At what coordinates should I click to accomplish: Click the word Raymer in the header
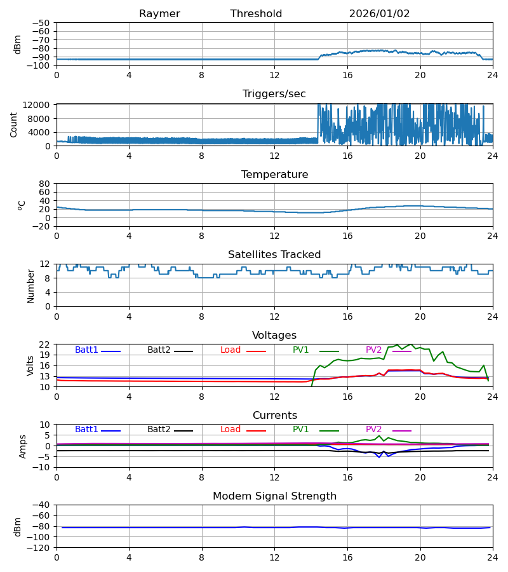coord(159,14)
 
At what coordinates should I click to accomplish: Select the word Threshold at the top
coord(256,14)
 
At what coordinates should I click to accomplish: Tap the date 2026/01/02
coord(379,14)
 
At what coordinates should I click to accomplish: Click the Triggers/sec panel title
coord(274,94)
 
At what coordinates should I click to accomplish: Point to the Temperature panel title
coord(274,175)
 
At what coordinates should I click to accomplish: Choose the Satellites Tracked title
coord(274,255)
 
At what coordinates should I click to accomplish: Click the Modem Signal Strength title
coord(274,496)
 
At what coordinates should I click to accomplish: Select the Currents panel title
coord(274,416)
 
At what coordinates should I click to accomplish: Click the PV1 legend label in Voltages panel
coord(300,350)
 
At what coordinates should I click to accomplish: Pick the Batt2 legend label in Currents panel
coord(159,430)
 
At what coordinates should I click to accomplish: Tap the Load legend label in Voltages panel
coord(231,350)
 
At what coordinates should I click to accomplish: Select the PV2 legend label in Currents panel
coord(374,430)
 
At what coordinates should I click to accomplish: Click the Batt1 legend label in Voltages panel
coord(86,350)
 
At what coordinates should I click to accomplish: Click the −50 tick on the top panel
coord(41,23)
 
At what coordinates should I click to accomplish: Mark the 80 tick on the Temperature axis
coord(45,184)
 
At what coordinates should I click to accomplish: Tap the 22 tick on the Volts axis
coord(45,344)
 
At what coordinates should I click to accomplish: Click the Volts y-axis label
coord(30,365)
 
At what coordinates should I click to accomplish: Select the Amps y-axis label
coord(23,446)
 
